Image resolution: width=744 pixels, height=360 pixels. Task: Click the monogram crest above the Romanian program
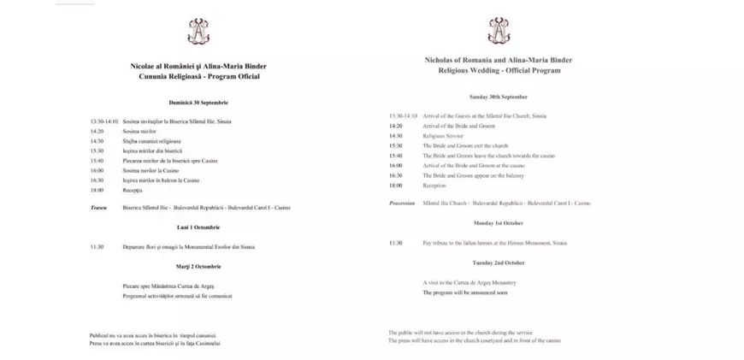[198, 32]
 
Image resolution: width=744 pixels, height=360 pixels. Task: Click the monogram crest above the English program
[498, 31]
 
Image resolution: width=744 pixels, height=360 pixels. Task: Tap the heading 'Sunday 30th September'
[498, 97]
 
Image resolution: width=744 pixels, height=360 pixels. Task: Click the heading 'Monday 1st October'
[498, 222]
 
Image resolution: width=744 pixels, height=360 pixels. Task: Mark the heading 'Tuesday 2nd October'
[498, 263]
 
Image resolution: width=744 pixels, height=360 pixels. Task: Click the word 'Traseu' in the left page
[98, 208]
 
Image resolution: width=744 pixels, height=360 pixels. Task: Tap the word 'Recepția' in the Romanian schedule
[133, 191]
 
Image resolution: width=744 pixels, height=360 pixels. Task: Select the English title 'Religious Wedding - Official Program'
[499, 71]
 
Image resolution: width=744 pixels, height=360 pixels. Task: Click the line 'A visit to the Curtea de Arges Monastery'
[469, 282]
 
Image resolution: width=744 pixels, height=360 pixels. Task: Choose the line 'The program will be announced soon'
[465, 292]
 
